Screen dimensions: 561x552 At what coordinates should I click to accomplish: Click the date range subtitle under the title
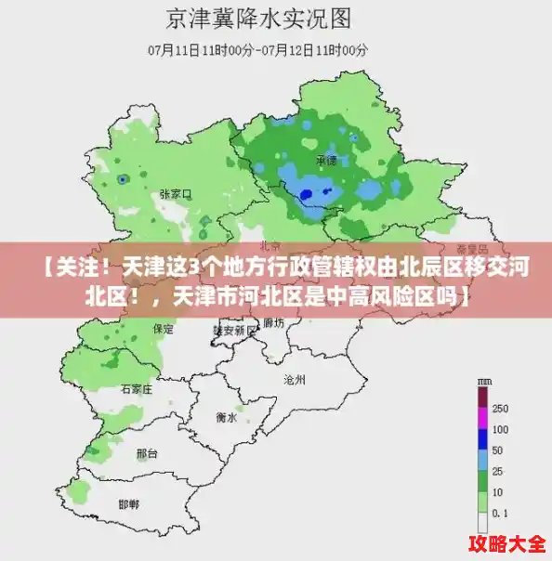point(258,48)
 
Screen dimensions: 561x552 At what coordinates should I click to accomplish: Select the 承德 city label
point(325,161)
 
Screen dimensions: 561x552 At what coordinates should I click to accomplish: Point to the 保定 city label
point(163,329)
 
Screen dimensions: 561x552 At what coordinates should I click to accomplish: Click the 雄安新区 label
point(234,330)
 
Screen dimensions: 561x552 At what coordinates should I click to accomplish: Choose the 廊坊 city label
point(273,323)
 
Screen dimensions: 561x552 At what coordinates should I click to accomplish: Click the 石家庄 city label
point(136,390)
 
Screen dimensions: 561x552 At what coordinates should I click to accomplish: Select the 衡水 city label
point(226,418)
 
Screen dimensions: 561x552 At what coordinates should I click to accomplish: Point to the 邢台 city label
point(147,453)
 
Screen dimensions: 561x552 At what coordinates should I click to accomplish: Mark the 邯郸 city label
point(128,503)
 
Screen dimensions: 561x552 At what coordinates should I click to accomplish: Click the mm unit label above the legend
point(484,382)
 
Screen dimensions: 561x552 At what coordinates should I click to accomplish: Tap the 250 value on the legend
point(500,409)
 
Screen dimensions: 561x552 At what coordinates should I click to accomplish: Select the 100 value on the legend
point(500,430)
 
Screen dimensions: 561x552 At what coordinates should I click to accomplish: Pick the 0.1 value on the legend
point(500,513)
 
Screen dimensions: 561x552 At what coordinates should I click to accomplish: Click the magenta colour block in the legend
point(482,398)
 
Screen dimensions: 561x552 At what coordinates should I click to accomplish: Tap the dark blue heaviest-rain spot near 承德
point(307,193)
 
